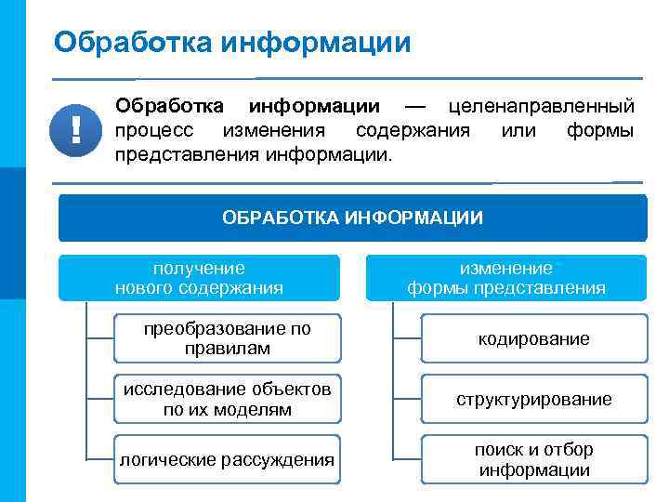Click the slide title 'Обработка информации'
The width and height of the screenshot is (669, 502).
click(x=231, y=42)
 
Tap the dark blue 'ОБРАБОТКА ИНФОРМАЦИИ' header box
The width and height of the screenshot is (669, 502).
click(x=352, y=218)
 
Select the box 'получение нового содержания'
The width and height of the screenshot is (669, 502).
click(x=199, y=278)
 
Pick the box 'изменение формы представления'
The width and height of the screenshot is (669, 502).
click(x=506, y=278)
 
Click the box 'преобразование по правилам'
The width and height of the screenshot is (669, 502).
click(x=227, y=338)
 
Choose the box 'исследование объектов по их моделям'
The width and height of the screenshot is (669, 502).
click(x=227, y=399)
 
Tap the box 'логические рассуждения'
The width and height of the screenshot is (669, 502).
click(x=227, y=459)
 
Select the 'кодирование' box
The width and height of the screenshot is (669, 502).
click(x=533, y=338)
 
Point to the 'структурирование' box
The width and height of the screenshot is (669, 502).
click(x=533, y=399)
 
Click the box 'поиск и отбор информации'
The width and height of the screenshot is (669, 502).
click(x=533, y=459)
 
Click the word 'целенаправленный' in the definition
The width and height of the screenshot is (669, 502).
click(x=542, y=108)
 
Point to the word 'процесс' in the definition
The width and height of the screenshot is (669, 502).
click(x=154, y=130)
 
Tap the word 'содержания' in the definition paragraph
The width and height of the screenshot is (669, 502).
click(x=413, y=130)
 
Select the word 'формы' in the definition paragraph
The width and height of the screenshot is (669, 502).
click(x=600, y=130)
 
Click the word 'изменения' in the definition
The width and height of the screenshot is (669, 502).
click(x=273, y=130)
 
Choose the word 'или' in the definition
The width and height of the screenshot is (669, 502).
click(x=518, y=130)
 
